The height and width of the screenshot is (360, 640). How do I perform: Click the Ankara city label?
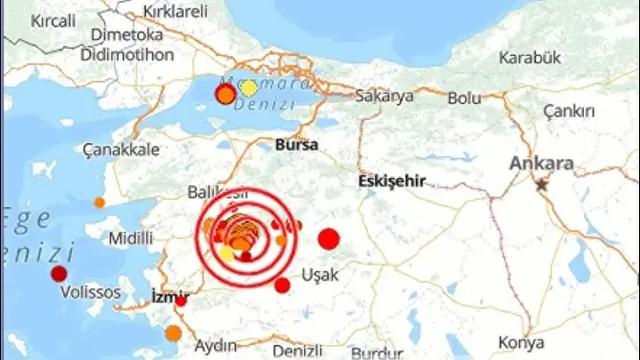tap(541, 164)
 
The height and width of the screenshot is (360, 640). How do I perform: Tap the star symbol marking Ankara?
tap(541, 185)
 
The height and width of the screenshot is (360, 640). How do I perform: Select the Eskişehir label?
tap(391, 180)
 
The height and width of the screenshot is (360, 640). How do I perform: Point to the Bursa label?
tap(297, 143)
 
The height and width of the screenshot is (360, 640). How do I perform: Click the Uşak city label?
tap(320, 275)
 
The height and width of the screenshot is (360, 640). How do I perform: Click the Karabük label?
tap(530, 59)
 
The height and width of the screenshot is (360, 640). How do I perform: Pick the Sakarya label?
tap(384, 96)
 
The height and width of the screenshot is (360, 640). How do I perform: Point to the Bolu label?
tap(463, 98)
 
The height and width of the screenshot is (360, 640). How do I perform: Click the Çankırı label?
tap(571, 111)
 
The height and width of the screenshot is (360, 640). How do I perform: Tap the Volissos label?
tap(87, 292)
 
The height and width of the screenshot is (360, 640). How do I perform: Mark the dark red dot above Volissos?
tap(60, 273)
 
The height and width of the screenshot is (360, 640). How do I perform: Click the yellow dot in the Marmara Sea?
tap(249, 87)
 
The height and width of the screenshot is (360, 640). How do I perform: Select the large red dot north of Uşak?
tap(329, 238)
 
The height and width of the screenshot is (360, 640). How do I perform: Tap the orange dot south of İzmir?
tap(173, 333)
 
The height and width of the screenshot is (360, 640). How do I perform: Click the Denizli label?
tap(298, 350)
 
